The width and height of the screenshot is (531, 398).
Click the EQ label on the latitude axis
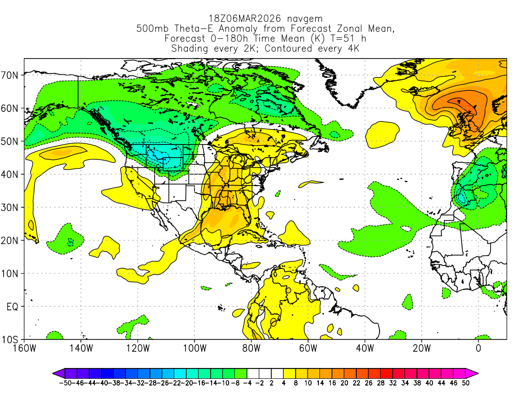coord(13,307)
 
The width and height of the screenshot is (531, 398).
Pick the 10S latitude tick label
coord(11,340)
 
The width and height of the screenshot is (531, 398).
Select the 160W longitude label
coord(24,348)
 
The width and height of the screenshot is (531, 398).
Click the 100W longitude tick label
coord(195,348)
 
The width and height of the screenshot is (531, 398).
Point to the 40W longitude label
coord(365,348)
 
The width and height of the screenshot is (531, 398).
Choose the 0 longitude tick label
coord(478,348)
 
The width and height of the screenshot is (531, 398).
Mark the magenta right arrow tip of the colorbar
coord(476,373)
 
